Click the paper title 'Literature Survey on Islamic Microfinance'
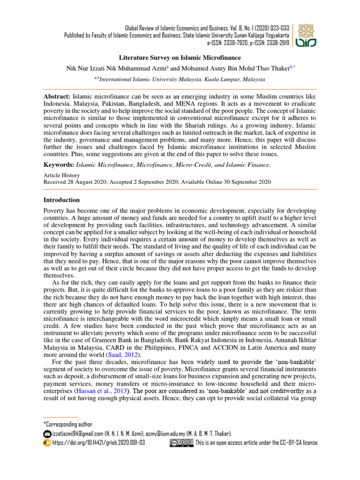180,58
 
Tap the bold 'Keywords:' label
59,165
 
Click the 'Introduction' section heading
61,200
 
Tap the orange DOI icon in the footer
47,442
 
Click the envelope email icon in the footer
47,434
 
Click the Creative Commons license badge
181,442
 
